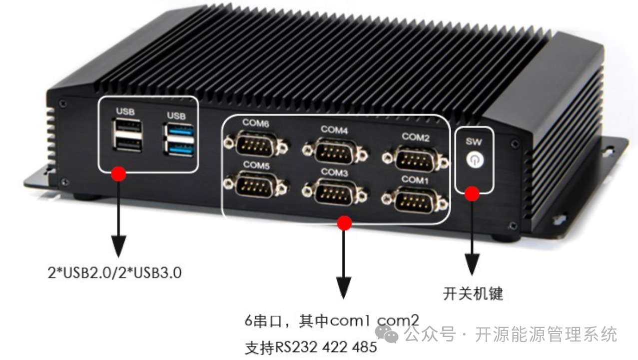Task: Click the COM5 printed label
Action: pos(256,164)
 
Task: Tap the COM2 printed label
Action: pos(416,136)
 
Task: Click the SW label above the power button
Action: pos(474,141)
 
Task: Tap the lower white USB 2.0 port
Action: pos(126,144)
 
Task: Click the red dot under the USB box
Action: pos(118,174)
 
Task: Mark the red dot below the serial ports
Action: pos(344,223)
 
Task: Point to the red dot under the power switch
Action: pos(472,193)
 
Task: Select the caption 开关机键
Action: pos(473,293)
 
